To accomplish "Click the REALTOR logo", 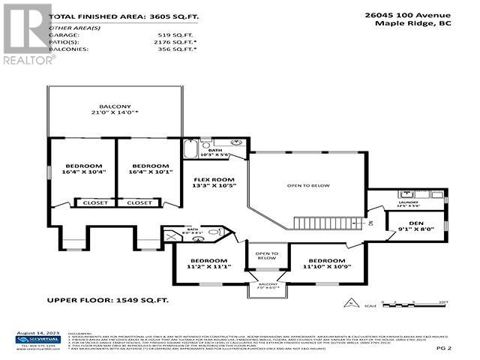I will click(x=27, y=34).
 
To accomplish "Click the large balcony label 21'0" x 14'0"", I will click(x=116, y=112).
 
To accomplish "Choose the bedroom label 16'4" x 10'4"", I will click(x=82, y=169).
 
